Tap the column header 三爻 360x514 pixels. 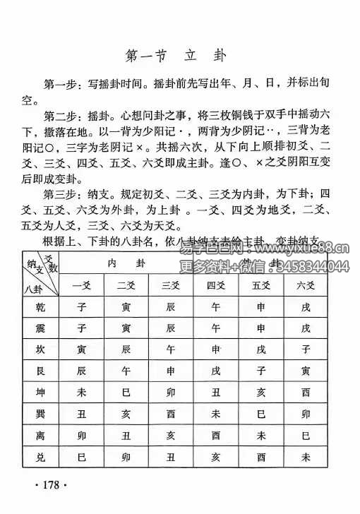pos(171,285)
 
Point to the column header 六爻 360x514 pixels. pos(305,285)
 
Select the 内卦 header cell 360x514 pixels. pos(126,263)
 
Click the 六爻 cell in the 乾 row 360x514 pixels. pos(305,308)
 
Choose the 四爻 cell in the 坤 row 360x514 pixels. pos(216,391)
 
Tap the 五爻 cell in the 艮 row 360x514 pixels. pos(261,370)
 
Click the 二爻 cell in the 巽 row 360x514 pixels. pos(126,412)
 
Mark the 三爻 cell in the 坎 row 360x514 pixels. pos(171,349)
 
